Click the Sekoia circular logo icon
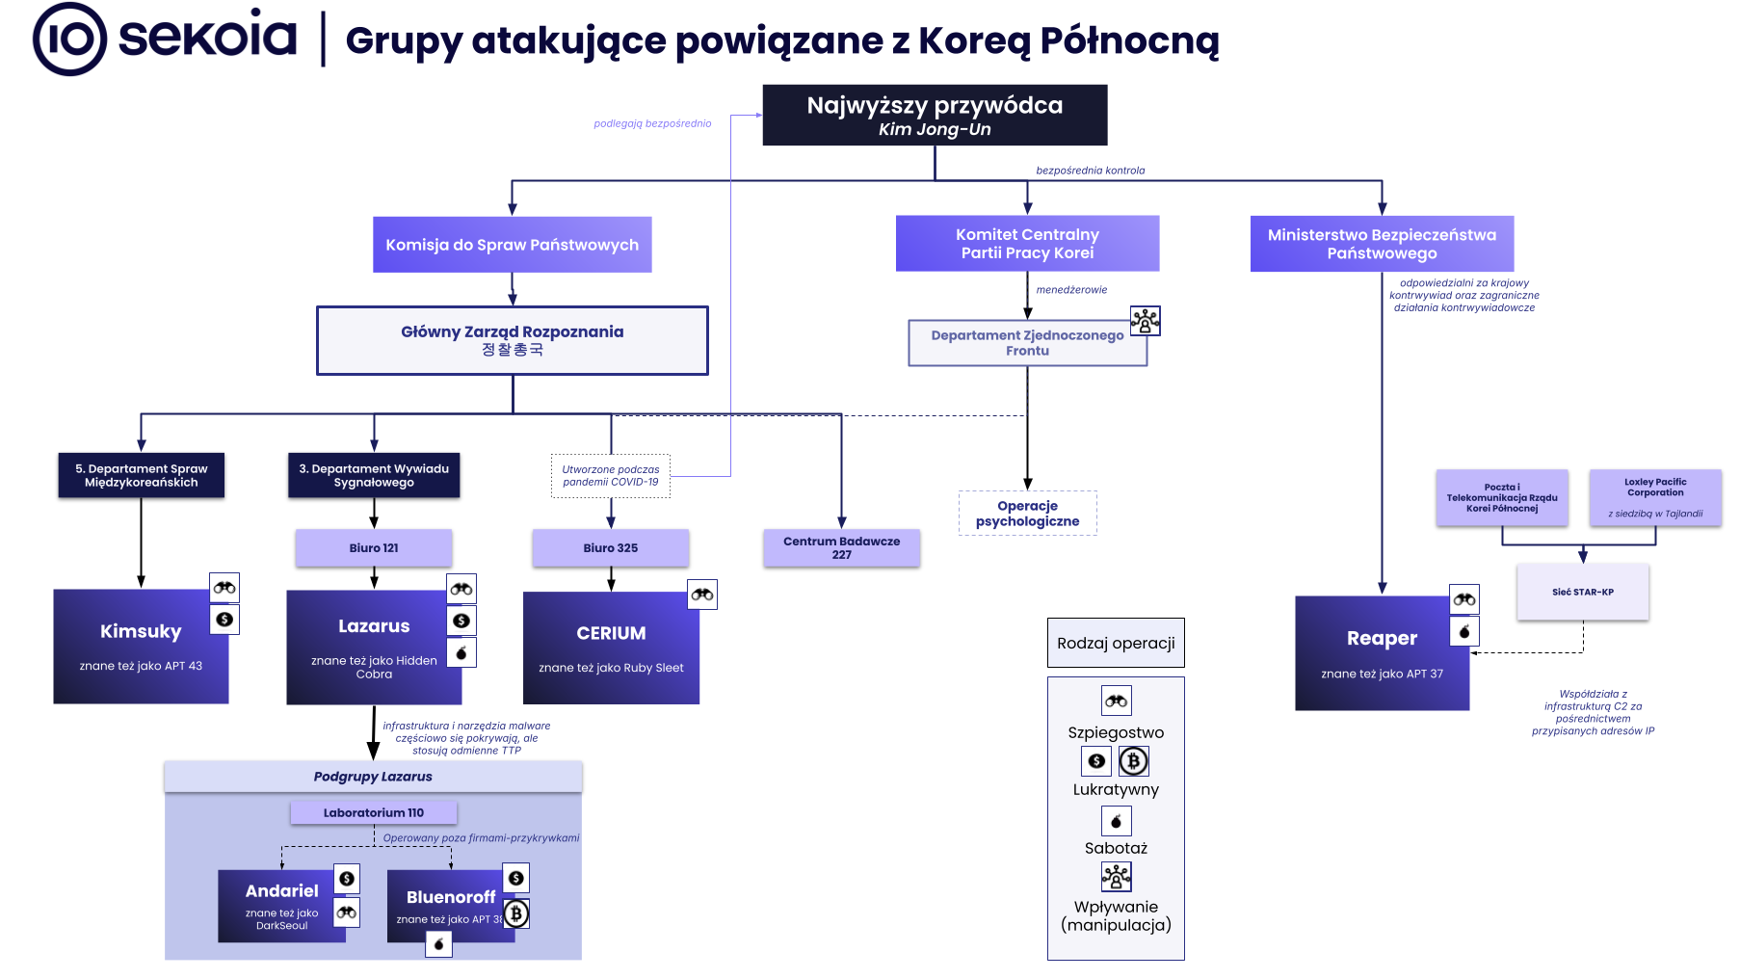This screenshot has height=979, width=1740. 69,40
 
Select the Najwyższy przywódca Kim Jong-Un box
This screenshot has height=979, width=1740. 935,116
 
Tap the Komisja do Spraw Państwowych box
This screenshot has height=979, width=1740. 512,245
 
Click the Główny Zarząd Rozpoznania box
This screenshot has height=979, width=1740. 512,340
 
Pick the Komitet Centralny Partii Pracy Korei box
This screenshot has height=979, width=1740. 1027,244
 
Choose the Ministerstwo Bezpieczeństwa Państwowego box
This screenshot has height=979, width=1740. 1382,244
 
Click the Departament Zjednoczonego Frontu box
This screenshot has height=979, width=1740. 1027,343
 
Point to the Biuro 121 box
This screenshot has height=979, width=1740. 374,547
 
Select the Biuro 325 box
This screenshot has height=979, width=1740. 610,547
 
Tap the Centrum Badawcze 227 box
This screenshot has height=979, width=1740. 841,547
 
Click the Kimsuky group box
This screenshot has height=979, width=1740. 141,647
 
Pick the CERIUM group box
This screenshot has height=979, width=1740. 611,648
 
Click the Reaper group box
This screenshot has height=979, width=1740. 1382,653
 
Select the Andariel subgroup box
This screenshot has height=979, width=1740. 281,906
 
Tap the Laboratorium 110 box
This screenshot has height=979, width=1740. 374,812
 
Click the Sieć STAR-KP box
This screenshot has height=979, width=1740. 1582,592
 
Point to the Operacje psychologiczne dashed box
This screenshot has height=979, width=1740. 1027,513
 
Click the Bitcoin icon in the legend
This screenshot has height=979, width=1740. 1134,761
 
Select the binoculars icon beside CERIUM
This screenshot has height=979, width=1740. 702,595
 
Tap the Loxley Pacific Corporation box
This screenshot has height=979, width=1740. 1654,497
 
